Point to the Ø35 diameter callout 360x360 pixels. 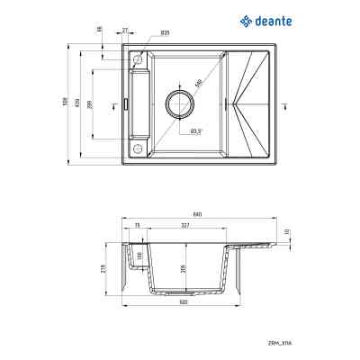166,33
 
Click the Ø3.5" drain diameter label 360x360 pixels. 195,132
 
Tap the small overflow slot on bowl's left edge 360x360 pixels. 124,103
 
